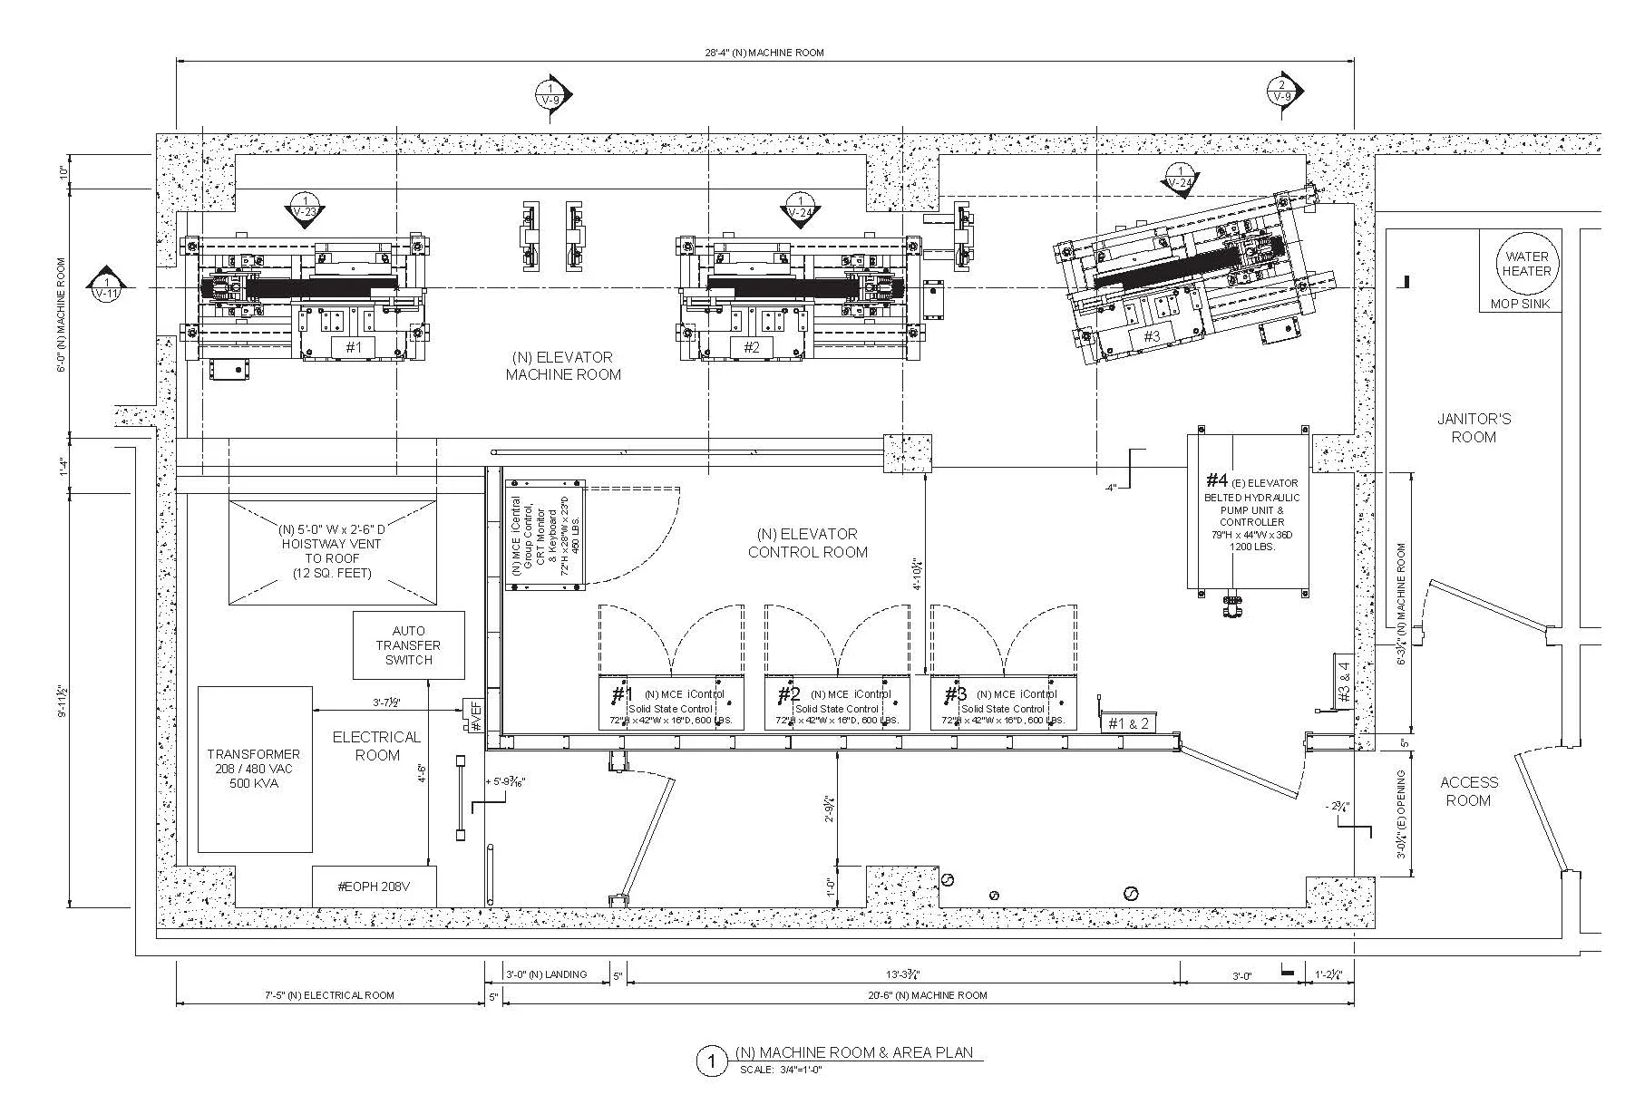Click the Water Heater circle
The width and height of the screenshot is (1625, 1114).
pyautogui.click(x=1526, y=264)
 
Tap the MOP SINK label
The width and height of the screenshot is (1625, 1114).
pyautogui.click(x=1520, y=305)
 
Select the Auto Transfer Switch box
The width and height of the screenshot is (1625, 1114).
pyautogui.click(x=408, y=645)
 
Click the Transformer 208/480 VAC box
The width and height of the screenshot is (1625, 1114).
pyautogui.click(x=254, y=769)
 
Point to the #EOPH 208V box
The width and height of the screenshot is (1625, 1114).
pyautogui.click(x=374, y=886)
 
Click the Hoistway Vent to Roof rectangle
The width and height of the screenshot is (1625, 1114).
pyautogui.click(x=332, y=551)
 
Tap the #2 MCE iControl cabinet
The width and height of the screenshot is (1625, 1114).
pyautogui.click(x=836, y=702)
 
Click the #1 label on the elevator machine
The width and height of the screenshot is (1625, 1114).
pyautogui.click(x=354, y=346)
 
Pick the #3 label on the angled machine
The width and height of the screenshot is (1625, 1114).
pyautogui.click(x=1151, y=336)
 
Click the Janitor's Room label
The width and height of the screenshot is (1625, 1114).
pyautogui.click(x=1474, y=428)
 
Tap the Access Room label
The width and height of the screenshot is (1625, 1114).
pyautogui.click(x=1468, y=790)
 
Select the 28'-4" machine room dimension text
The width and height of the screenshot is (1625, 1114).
pyautogui.click(x=764, y=53)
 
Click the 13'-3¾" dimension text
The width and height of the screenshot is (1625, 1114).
pyautogui.click(x=903, y=975)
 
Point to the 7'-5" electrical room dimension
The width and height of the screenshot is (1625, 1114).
pyautogui.click(x=329, y=995)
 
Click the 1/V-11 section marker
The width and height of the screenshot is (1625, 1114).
pyautogui.click(x=106, y=285)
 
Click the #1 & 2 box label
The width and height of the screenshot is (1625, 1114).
pyautogui.click(x=1128, y=722)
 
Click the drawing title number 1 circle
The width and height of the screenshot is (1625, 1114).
pyautogui.click(x=711, y=1061)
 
